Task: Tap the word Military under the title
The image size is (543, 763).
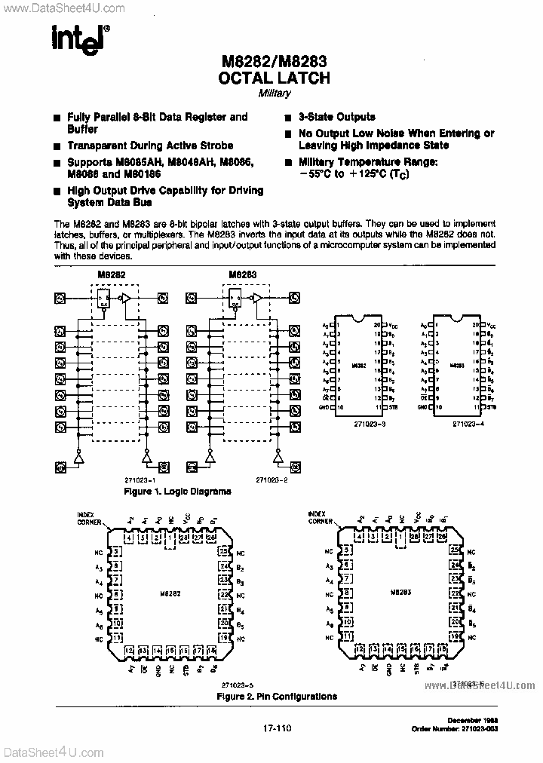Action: pyautogui.click(x=274, y=93)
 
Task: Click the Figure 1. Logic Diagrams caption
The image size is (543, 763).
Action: pyautogui.click(x=177, y=491)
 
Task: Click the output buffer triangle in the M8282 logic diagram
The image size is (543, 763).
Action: pyautogui.click(x=126, y=299)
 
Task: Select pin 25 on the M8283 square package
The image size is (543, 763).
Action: pyautogui.click(x=455, y=552)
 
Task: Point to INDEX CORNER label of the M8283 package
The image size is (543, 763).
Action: pyautogui.click(x=321, y=516)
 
